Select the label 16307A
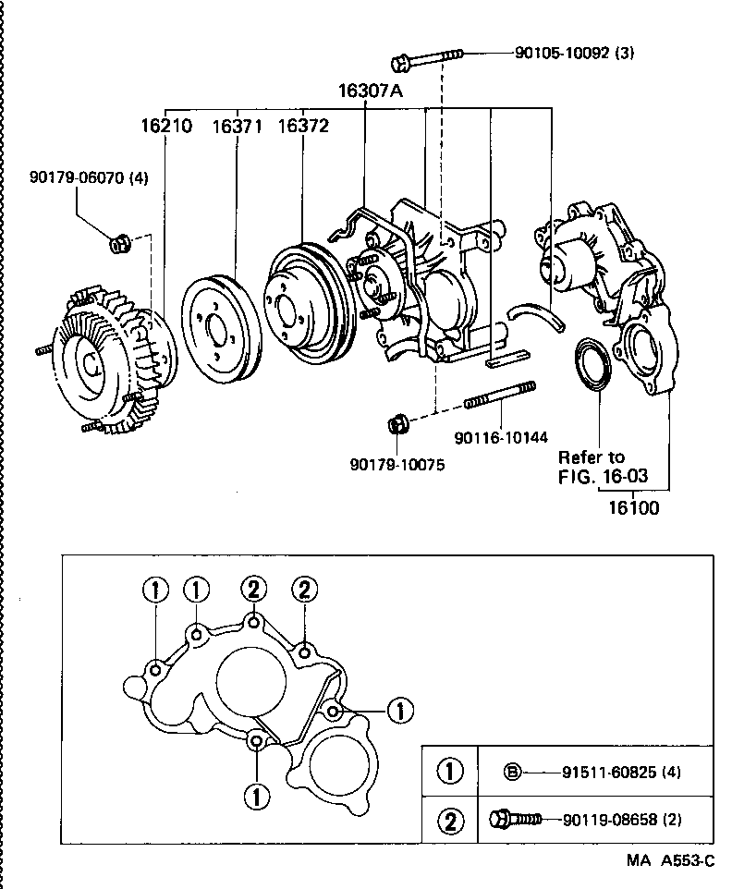click(x=370, y=91)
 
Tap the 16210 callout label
click(x=166, y=126)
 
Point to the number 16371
click(x=239, y=126)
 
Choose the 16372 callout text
click(x=302, y=126)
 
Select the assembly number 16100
click(x=633, y=507)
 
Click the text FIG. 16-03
click(x=601, y=477)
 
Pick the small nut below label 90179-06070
click(x=118, y=245)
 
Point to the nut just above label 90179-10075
click(x=397, y=424)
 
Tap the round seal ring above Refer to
click(x=592, y=363)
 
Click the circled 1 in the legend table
click(x=449, y=772)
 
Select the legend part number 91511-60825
click(x=601, y=772)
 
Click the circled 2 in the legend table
click(x=449, y=820)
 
